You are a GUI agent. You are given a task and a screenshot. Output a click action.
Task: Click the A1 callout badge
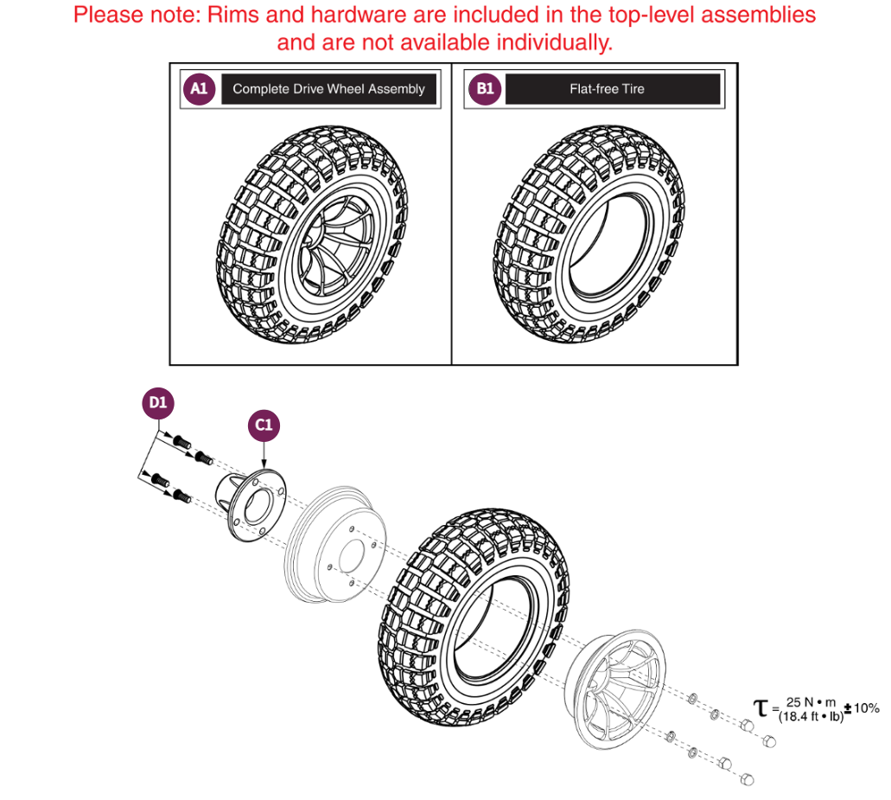[199, 89]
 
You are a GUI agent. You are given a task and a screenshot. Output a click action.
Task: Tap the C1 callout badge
[264, 425]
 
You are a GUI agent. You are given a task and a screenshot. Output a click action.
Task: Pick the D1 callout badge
[157, 402]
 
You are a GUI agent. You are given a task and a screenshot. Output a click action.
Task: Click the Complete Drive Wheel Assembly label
[328, 89]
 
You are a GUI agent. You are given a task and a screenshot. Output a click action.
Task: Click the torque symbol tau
[761, 709]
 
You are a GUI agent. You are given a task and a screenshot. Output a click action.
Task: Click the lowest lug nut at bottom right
[748, 779]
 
